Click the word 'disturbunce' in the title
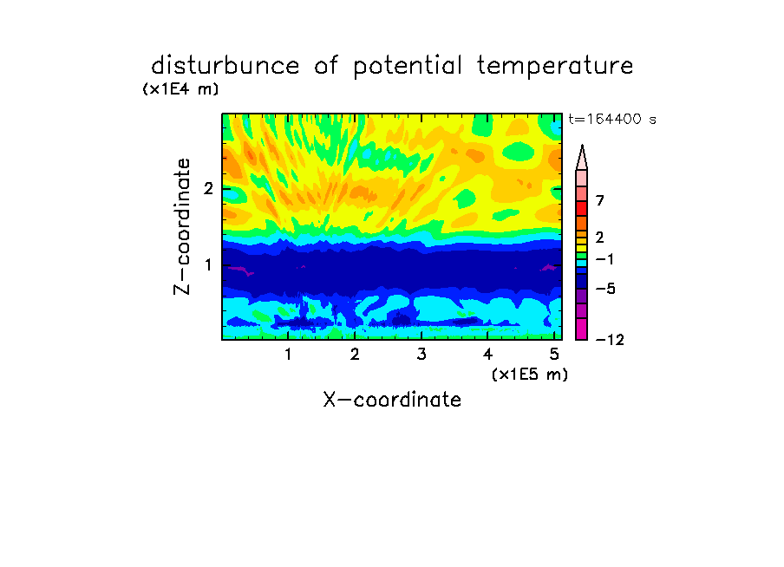(x=225, y=66)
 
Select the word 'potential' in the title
(x=408, y=67)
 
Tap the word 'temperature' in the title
(x=555, y=66)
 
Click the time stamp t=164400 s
(x=612, y=119)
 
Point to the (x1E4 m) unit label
(x=180, y=89)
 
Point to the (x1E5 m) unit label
(x=530, y=375)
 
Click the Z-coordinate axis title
(x=182, y=226)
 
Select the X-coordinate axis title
(x=393, y=400)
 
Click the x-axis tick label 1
(x=289, y=355)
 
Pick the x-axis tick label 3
(x=421, y=355)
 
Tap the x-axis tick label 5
(x=554, y=355)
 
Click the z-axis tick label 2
(x=208, y=188)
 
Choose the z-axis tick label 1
(x=209, y=265)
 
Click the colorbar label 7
(x=600, y=200)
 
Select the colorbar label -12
(x=610, y=340)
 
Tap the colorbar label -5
(x=605, y=289)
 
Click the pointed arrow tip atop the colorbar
(x=582, y=146)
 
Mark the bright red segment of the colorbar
(x=582, y=208)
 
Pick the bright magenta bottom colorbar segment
(x=582, y=329)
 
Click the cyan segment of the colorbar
(x=582, y=263)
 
